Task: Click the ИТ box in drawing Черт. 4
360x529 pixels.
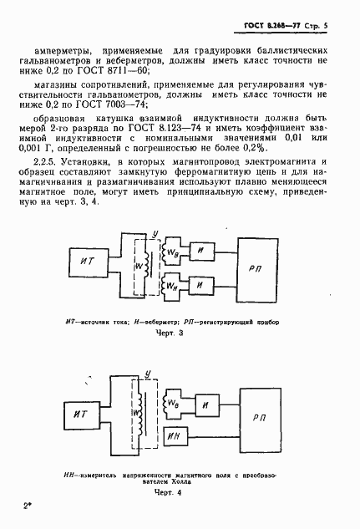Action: pos(81,413)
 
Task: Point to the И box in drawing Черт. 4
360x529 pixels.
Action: pos(209,400)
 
